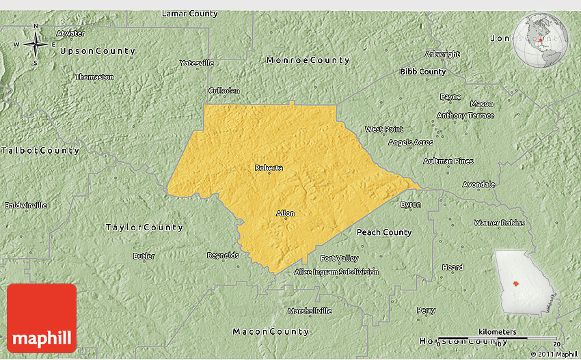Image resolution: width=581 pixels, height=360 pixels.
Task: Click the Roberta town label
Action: [x=269, y=167]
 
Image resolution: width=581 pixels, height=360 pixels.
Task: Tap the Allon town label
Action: [x=285, y=213]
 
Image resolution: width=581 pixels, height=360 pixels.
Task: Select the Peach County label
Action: [x=384, y=232]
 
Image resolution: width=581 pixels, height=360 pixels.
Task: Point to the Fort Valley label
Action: [x=339, y=258]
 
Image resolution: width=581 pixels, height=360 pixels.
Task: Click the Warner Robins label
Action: [x=499, y=223]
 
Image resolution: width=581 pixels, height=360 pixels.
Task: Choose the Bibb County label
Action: [x=422, y=71]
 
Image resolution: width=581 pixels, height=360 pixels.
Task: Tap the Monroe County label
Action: [x=308, y=60]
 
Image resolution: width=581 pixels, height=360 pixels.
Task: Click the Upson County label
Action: [x=97, y=51]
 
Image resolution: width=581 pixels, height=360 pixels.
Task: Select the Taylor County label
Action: [x=144, y=227]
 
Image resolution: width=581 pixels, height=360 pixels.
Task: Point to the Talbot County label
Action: [x=40, y=150]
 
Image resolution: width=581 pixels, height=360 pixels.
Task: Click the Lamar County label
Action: [x=189, y=14]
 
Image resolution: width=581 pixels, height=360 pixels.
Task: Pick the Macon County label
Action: [x=271, y=331]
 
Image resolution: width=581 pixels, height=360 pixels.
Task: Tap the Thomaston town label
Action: [x=94, y=77]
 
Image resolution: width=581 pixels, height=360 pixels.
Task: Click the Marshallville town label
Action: [x=309, y=311]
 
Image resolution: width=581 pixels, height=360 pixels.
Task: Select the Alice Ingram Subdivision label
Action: [x=336, y=272]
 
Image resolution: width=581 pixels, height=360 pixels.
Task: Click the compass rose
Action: [x=36, y=45]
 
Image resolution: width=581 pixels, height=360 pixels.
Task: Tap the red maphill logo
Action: [x=42, y=318]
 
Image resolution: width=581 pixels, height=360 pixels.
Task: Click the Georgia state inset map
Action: [x=523, y=280]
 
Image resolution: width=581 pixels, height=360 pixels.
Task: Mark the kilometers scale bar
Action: [x=498, y=337]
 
